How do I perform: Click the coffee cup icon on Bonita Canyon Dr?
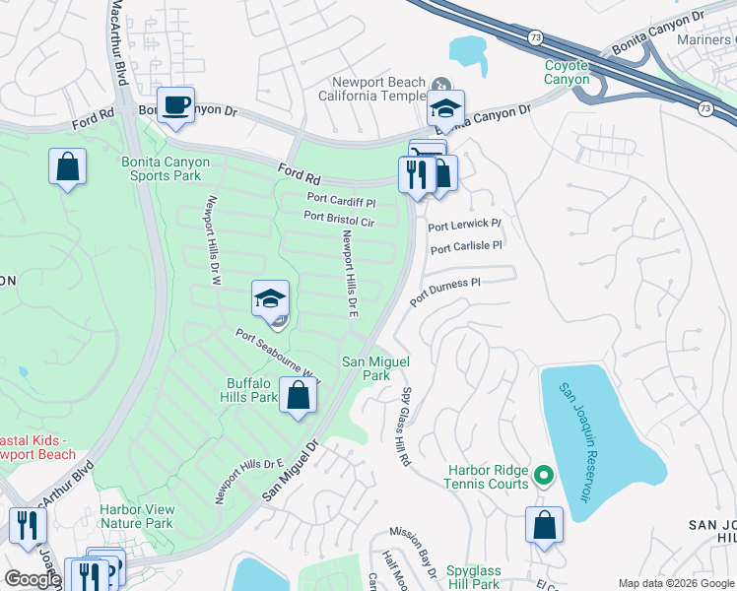175,105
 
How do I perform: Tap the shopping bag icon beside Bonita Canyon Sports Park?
67,166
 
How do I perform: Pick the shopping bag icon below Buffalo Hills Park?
298,396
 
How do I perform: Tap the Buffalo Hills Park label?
251,390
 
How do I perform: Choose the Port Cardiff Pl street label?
343,202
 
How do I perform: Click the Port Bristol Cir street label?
339,219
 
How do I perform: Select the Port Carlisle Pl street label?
466,246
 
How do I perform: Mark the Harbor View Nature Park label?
136,517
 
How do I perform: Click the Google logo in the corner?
32,579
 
